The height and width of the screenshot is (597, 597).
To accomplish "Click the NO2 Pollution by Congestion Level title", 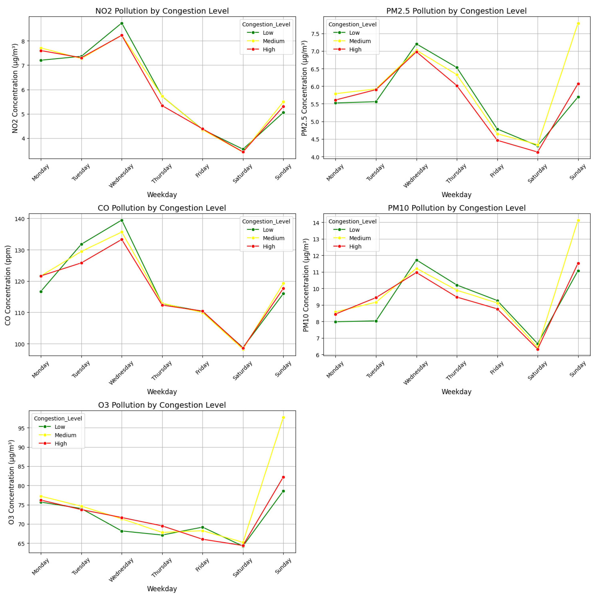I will [x=162, y=11].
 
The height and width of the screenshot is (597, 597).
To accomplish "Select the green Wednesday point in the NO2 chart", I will [x=122, y=23].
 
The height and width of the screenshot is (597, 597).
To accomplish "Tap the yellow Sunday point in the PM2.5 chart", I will [x=578, y=23].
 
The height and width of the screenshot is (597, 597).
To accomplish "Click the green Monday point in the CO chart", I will [x=41, y=292].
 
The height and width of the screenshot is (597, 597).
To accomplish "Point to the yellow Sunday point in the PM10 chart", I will [x=578, y=221].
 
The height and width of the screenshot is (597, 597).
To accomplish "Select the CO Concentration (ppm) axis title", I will [x=8, y=285].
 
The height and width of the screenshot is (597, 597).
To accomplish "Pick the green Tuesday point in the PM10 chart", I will [x=376, y=321].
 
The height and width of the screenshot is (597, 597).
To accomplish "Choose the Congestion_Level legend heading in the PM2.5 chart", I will [x=352, y=24].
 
